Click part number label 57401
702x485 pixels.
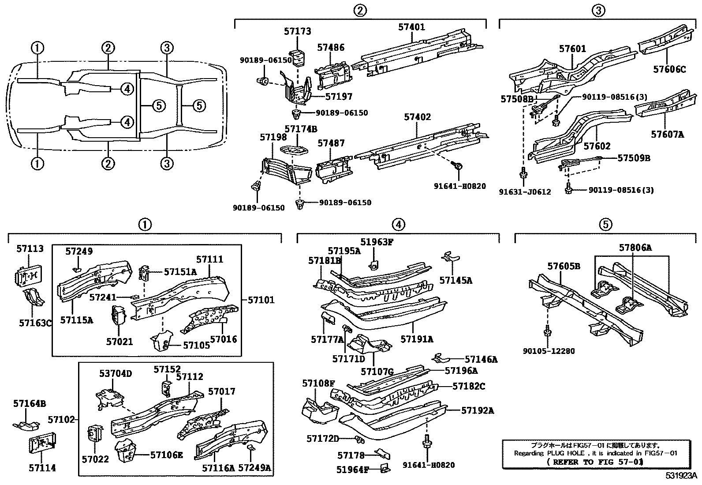click(x=411, y=27)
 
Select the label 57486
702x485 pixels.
click(x=331, y=48)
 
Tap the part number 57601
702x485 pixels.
click(x=573, y=49)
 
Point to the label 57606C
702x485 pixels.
click(x=669, y=69)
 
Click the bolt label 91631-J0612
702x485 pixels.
click(x=525, y=192)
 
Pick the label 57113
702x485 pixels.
click(x=30, y=248)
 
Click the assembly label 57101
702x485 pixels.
click(x=261, y=300)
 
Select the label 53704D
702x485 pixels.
click(x=115, y=374)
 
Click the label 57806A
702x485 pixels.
click(x=635, y=248)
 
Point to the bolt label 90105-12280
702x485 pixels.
click(x=549, y=351)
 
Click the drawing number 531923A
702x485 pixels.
click(x=681, y=476)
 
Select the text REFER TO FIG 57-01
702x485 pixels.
click(x=595, y=462)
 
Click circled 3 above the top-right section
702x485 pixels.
click(x=598, y=10)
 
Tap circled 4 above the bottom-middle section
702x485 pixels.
click(x=398, y=225)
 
